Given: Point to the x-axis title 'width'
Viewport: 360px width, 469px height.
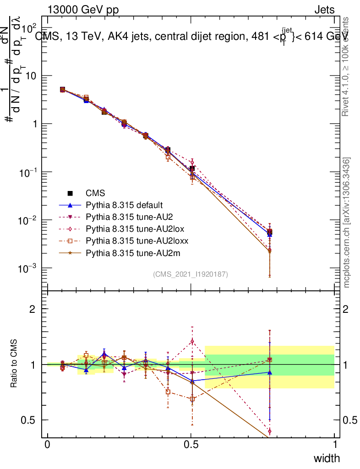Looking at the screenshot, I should point(327,458).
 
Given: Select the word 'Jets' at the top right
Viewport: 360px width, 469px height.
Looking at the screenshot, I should point(324,10).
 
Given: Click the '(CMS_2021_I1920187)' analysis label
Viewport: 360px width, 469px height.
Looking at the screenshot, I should point(191,274).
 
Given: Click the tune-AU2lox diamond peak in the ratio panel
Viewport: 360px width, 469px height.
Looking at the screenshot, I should point(192,341).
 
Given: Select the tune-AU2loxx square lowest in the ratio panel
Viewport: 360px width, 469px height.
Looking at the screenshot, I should point(192,399).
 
